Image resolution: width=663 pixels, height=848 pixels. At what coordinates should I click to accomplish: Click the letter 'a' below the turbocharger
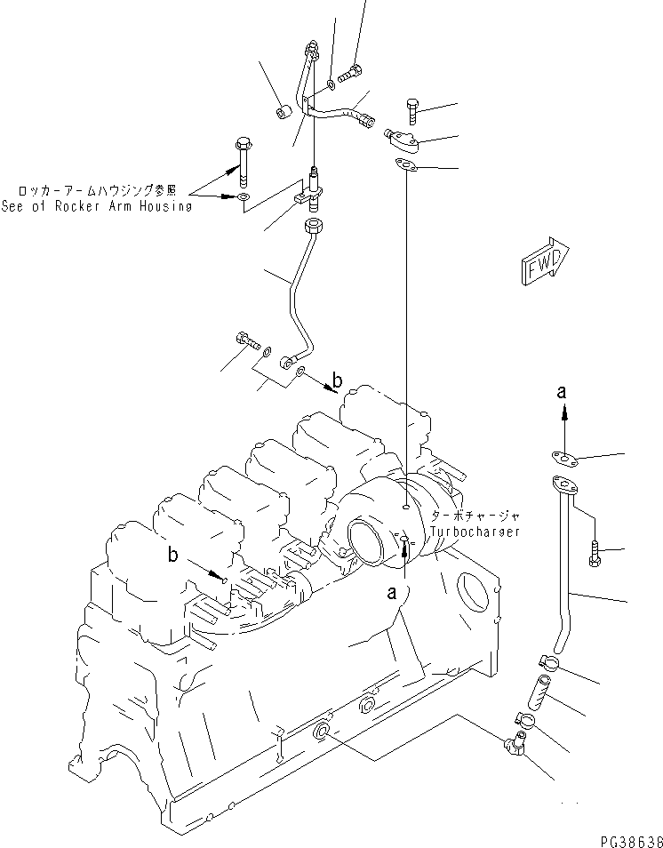[x=392, y=596]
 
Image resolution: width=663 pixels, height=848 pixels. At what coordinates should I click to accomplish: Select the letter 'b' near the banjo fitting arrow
[x=335, y=382]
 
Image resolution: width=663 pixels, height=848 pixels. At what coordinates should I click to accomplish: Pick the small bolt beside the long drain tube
[x=595, y=554]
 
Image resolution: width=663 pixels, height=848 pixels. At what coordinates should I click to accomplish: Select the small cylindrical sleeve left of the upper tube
[x=284, y=113]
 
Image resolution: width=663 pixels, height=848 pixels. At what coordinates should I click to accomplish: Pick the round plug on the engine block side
[x=323, y=732]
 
